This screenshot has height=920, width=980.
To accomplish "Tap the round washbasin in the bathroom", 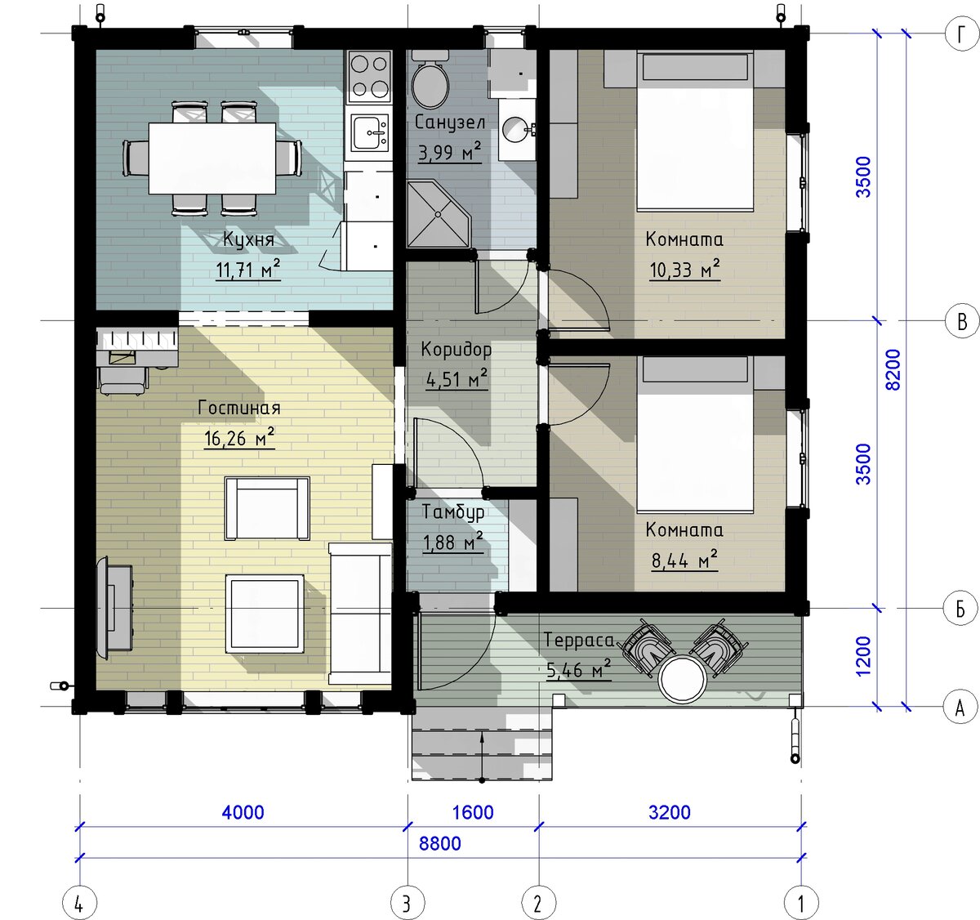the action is click(x=515, y=130).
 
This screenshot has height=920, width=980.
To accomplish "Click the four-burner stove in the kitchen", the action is click(x=369, y=76).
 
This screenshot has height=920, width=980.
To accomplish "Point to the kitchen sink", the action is click(x=370, y=132).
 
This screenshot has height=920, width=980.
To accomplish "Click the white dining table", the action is click(x=212, y=158).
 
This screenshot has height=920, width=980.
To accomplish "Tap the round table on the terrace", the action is click(x=684, y=679).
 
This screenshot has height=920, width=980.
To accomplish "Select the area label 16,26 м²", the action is click(x=239, y=438).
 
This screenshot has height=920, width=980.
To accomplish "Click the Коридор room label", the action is click(x=457, y=350).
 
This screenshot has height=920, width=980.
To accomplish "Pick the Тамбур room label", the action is click(x=453, y=512).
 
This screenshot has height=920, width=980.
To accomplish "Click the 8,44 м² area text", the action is click(x=684, y=560).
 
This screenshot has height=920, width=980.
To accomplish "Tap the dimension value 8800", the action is click(x=439, y=843).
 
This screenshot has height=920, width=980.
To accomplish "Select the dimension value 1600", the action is click(x=473, y=812).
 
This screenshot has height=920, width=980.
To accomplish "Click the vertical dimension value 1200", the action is click(x=863, y=656).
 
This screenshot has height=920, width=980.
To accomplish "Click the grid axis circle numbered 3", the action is click(x=407, y=903).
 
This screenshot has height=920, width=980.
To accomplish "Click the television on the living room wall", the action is click(x=115, y=607).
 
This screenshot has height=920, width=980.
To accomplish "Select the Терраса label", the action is click(x=578, y=640).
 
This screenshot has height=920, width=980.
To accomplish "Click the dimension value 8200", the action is click(x=893, y=370).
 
